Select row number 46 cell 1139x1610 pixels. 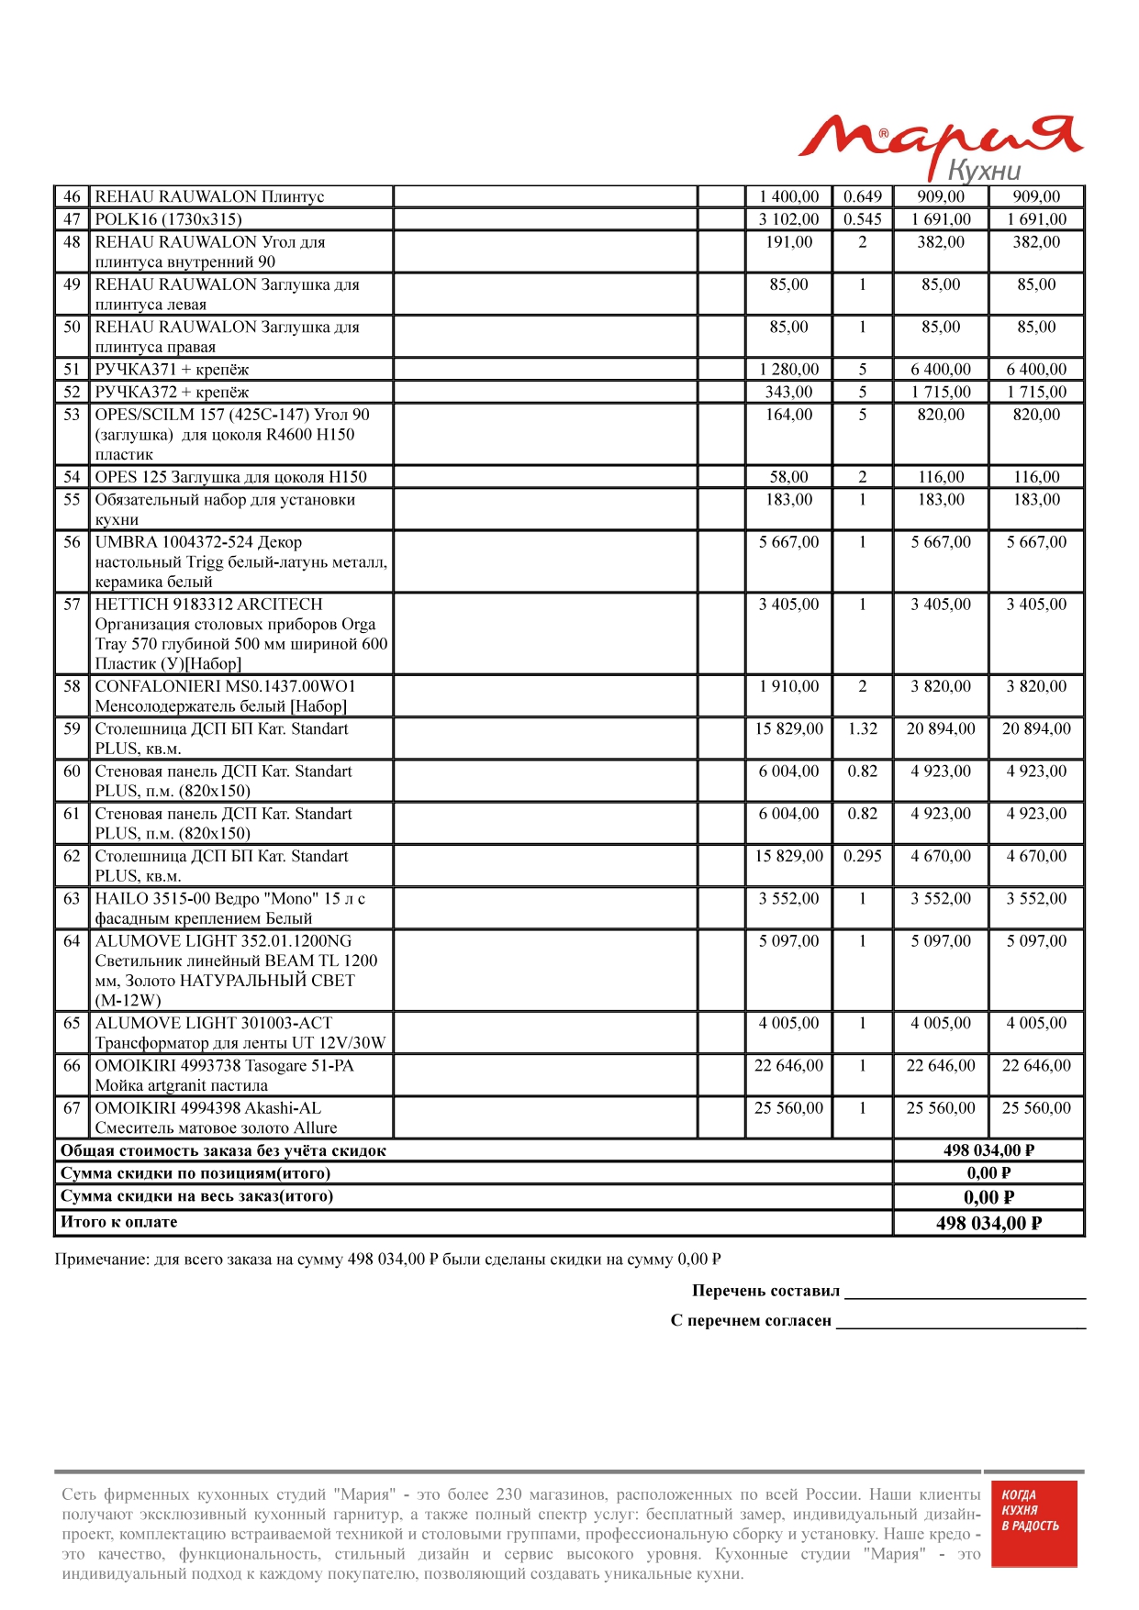[72, 196]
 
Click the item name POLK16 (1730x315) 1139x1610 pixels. [169, 219]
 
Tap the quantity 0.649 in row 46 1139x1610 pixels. [862, 196]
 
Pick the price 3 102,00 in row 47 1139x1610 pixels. [788, 219]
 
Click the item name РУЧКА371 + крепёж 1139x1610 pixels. [172, 370]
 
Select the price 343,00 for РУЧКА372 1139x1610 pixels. [788, 392]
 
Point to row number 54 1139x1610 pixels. [72, 477]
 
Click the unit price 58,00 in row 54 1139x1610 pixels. [788, 477]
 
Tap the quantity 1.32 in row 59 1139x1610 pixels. [862, 729]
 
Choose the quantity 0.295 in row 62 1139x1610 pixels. [862, 856]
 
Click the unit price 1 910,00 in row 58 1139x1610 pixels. [788, 686]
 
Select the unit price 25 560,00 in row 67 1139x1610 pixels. [788, 1108]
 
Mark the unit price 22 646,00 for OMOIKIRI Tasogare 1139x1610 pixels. [788, 1066]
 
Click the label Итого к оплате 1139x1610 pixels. [119, 1222]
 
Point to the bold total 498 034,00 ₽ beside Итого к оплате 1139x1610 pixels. [988, 1223]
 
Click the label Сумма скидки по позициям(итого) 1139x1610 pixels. [195, 1173]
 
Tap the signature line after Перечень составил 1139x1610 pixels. [964, 1294]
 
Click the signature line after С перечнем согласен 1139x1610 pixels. [960, 1324]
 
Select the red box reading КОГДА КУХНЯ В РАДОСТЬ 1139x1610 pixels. [1033, 1524]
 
